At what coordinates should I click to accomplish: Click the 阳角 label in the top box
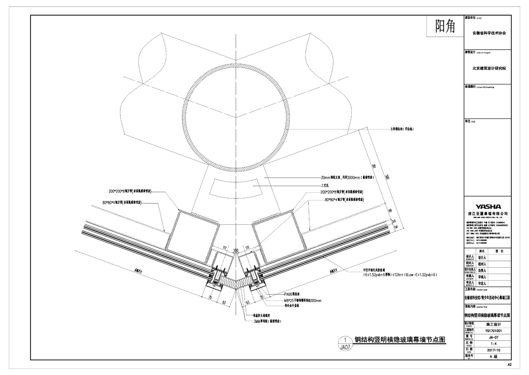(x=445, y=26)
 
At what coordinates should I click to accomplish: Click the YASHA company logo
(x=488, y=207)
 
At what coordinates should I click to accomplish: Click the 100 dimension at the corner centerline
(x=236, y=251)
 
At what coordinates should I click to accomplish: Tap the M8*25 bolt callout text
(x=303, y=300)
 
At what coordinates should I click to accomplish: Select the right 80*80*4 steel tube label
(x=344, y=200)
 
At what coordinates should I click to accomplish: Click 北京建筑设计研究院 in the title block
(x=489, y=68)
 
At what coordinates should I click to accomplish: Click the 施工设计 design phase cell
(x=493, y=324)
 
